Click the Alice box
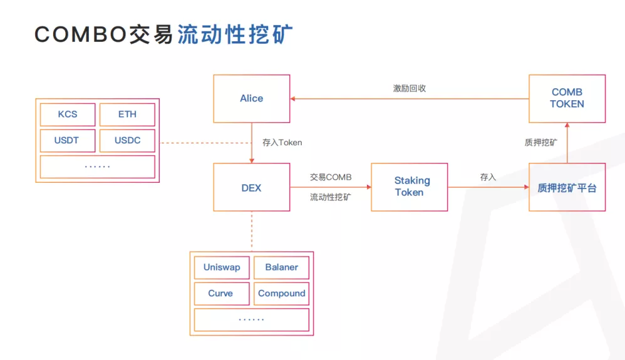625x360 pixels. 252,98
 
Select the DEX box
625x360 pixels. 252,187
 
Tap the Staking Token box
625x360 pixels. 410,187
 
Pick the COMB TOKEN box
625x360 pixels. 567,98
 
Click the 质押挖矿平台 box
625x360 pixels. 567,187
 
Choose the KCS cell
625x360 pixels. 68,115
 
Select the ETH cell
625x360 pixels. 127,115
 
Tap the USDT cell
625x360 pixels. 67,140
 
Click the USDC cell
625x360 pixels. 127,140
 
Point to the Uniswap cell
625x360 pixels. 222,267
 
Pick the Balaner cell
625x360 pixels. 281,267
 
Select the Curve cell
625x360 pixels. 221,294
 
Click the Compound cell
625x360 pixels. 281,294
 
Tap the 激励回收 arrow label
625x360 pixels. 410,88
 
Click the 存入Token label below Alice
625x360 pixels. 282,142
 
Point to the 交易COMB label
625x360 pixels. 331,177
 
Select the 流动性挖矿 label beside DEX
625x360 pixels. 331,197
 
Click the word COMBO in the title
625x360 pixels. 80,34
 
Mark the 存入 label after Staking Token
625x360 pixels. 488,177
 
